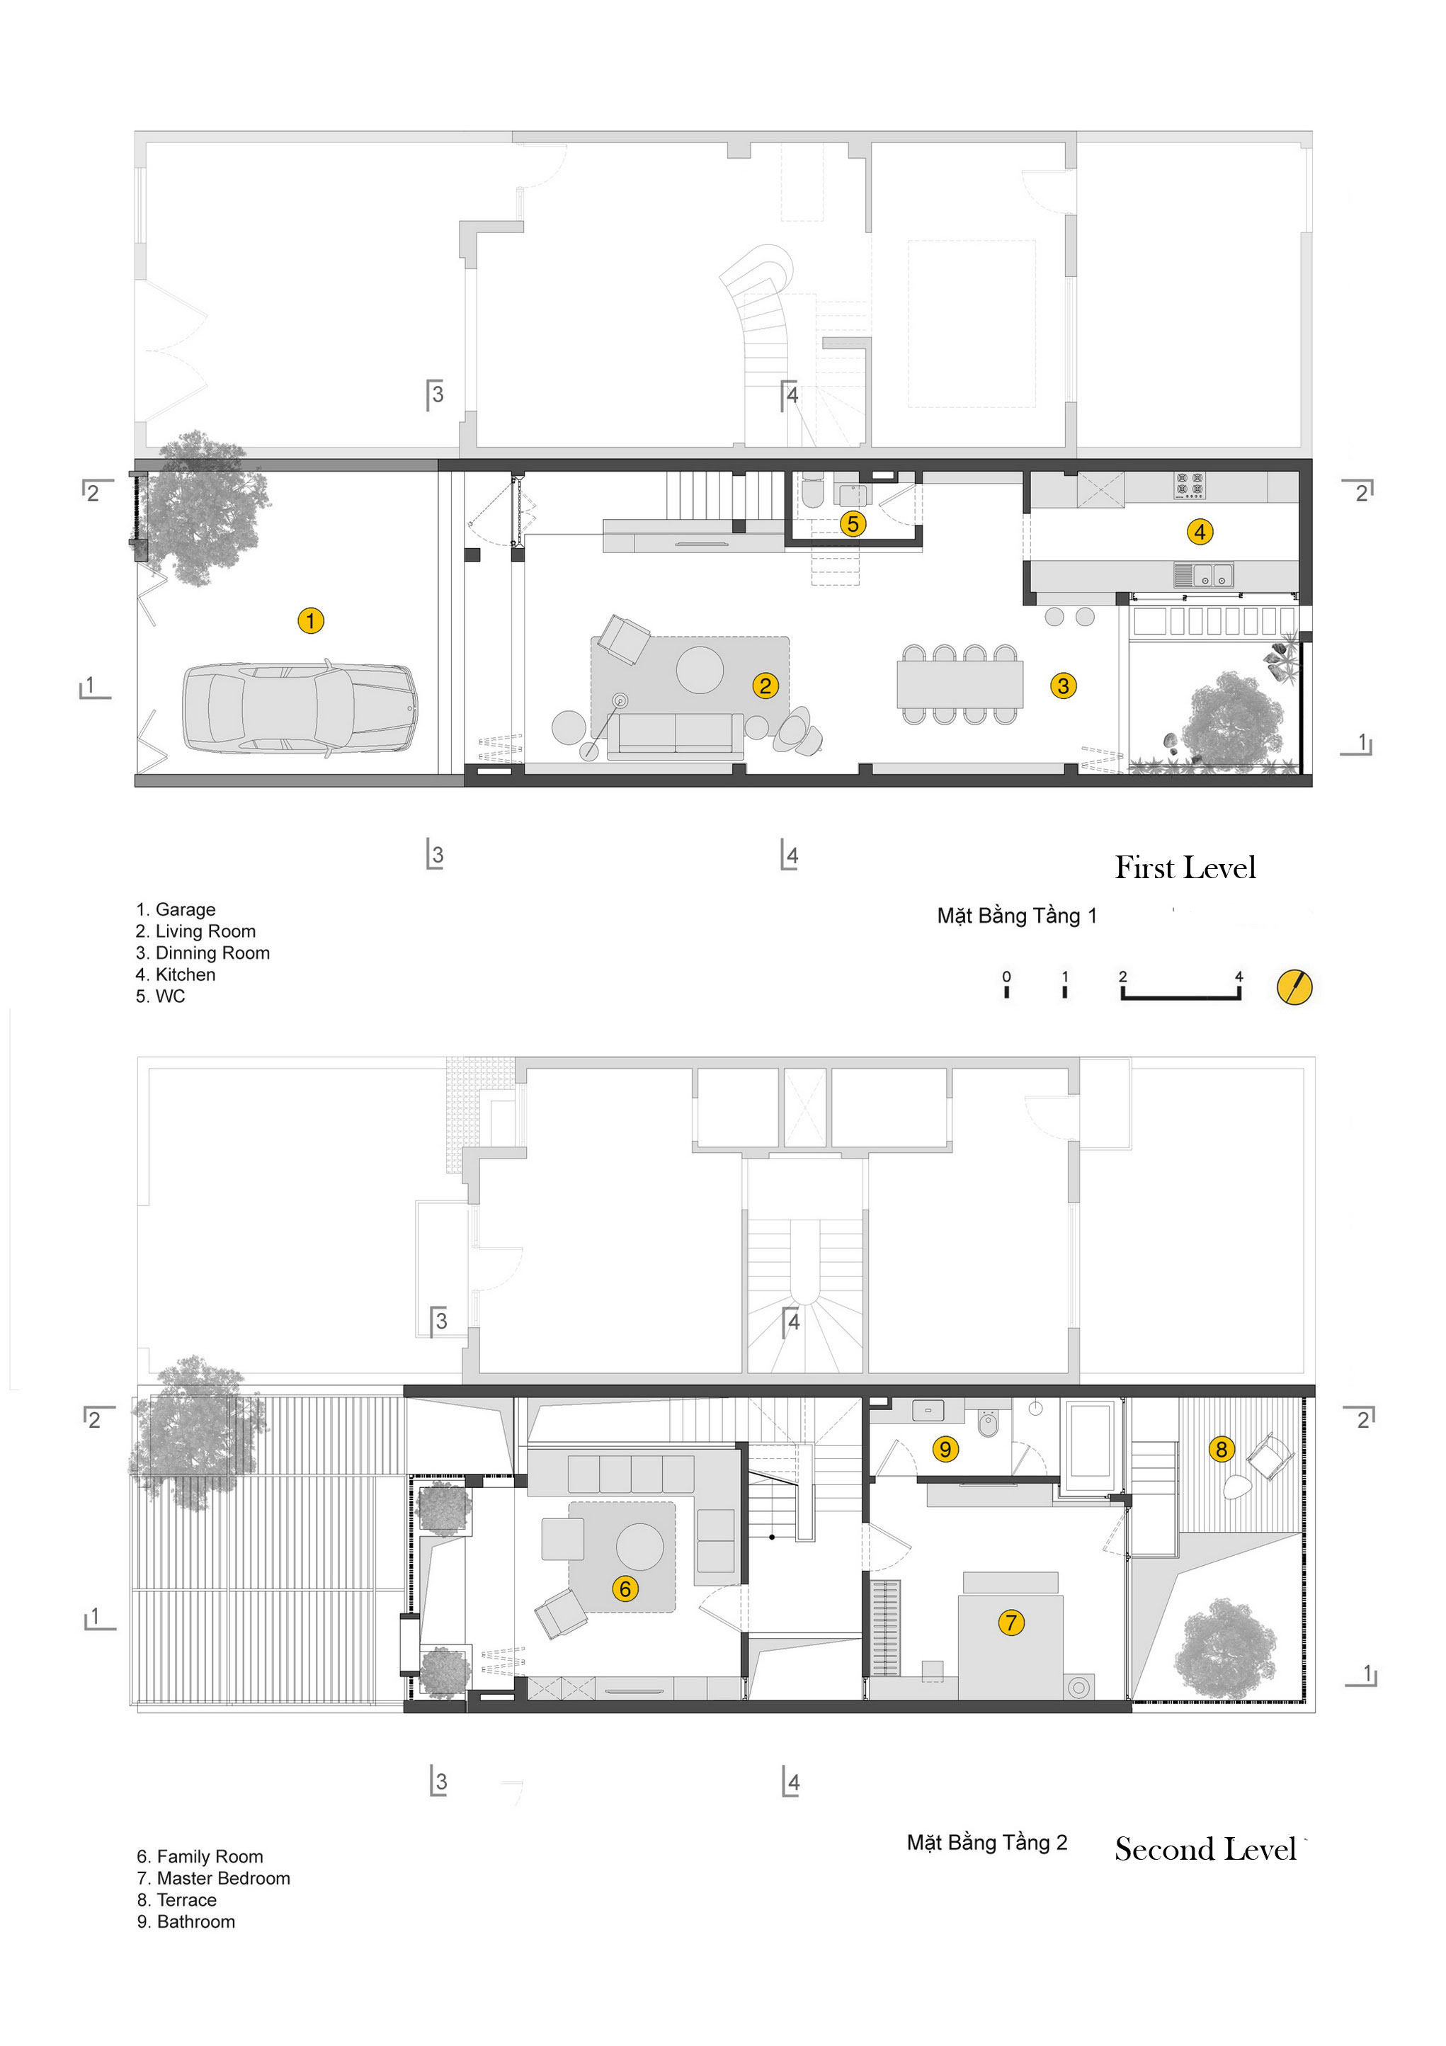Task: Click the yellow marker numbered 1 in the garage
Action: (x=310, y=620)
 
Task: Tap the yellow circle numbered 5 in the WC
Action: (x=853, y=524)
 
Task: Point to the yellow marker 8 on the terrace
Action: (x=1222, y=1449)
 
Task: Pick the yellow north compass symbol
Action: (x=1294, y=987)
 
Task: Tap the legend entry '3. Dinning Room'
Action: (x=203, y=953)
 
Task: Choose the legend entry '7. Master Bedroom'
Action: (x=214, y=1878)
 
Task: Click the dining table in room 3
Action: (x=960, y=684)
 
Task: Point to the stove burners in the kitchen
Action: (x=1190, y=486)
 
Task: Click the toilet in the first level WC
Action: (x=812, y=493)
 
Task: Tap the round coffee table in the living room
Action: (x=700, y=670)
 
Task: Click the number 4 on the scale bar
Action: (x=1239, y=977)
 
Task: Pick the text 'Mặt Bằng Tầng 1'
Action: (x=1017, y=916)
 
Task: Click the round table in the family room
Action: (x=639, y=1546)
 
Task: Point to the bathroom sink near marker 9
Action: (x=928, y=1411)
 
